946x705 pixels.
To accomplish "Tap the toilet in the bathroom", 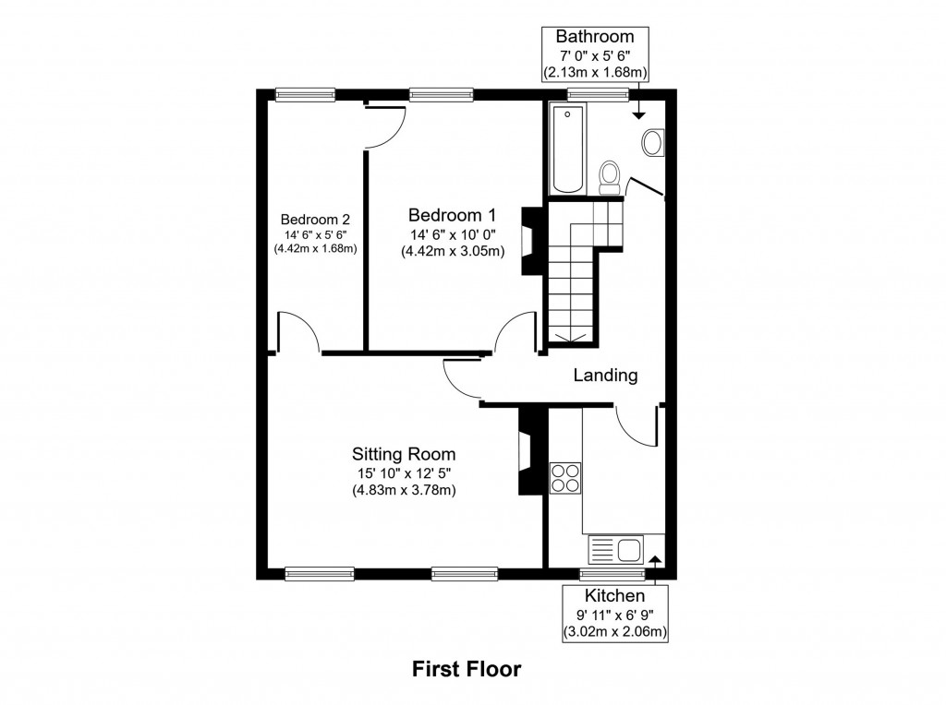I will point(610,176).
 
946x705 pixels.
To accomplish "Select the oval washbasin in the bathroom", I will point(652,143).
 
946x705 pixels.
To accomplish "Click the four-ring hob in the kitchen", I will point(565,478).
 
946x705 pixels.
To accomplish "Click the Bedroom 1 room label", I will point(452,214).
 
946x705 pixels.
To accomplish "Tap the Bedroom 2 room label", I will point(315,220).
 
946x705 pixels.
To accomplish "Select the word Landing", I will point(605,376).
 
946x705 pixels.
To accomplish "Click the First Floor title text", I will point(467,668).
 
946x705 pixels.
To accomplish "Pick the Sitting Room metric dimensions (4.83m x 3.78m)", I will point(403,490).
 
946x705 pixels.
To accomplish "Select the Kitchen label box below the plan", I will point(615,615).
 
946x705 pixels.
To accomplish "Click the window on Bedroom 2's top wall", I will point(305,93).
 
